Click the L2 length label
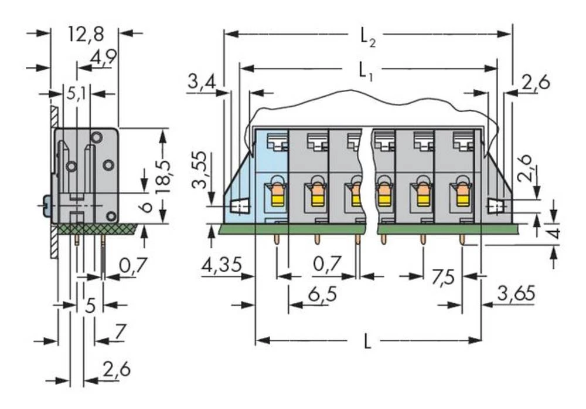[x=368, y=38]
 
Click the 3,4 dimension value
[x=201, y=84]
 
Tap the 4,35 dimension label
[x=221, y=266]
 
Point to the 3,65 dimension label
[x=516, y=294]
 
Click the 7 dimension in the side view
[x=120, y=333]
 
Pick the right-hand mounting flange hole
[x=496, y=206]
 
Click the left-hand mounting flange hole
[x=238, y=207]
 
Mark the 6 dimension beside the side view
[x=147, y=206]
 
